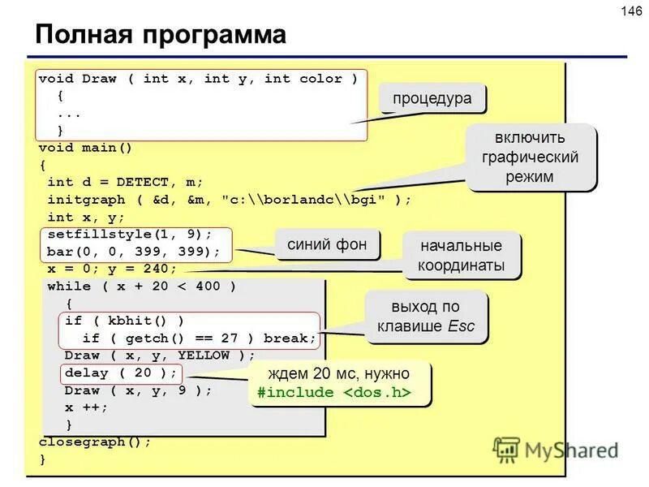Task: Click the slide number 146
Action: click(631, 11)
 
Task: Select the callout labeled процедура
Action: click(432, 98)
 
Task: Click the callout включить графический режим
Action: click(531, 156)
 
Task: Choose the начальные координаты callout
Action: click(461, 256)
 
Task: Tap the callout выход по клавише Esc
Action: click(426, 317)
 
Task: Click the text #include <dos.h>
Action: click(333, 393)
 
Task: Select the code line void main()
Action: click(85, 148)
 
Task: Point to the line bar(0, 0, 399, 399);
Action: click(133, 251)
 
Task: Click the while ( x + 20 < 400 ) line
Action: click(142, 287)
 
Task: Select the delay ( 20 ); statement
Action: click(121, 373)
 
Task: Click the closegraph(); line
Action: click(95, 442)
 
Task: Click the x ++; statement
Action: click(86, 407)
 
